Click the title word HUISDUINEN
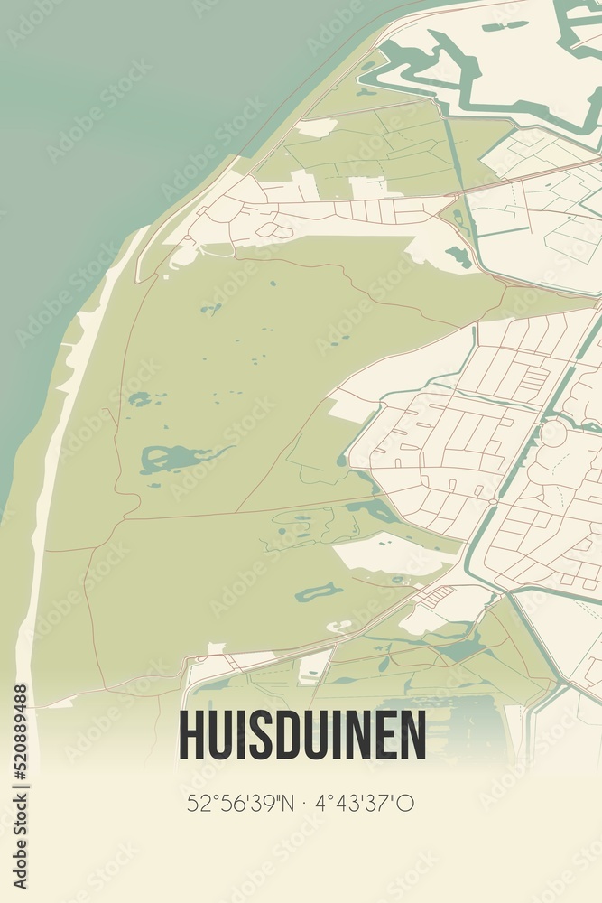pos(302,735)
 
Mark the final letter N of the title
pos(414,735)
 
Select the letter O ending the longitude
pos(406,802)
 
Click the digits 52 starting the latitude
pos(198,802)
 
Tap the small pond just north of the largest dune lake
pos(139,398)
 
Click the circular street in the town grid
pos(552,434)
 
